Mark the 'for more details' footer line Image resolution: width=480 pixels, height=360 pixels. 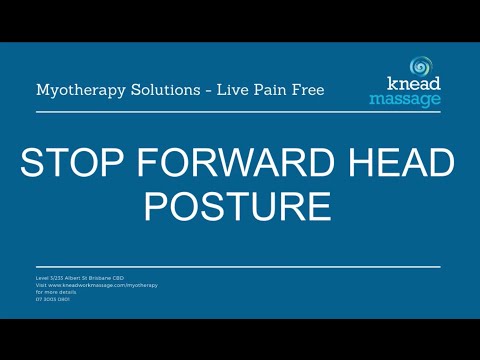(x=54, y=291)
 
